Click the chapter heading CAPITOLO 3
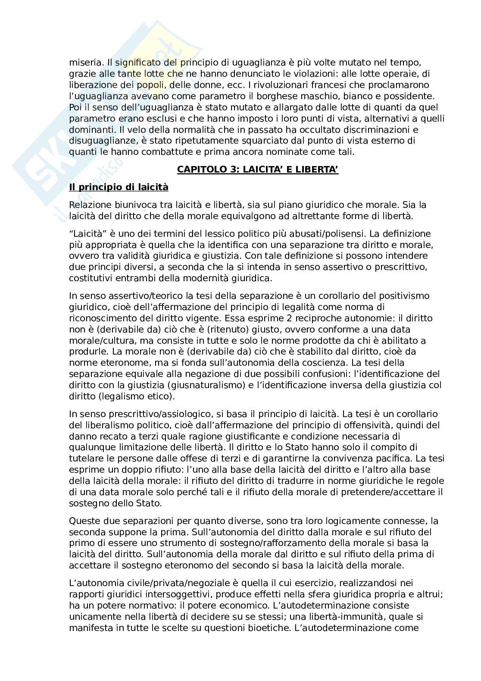258,170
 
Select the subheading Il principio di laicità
119,187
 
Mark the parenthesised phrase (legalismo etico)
134,396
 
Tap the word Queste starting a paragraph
84,521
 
